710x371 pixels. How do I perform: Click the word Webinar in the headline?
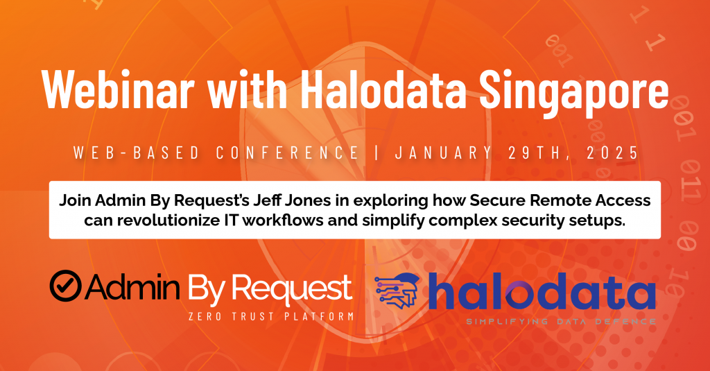118,89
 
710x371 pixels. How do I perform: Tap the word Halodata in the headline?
383,89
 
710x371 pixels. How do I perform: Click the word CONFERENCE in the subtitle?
288,153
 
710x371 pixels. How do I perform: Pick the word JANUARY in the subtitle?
444,153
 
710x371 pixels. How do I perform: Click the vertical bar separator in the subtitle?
377,153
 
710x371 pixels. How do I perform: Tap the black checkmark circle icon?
66,286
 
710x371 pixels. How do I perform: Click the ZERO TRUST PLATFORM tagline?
271,316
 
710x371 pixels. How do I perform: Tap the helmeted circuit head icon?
397,291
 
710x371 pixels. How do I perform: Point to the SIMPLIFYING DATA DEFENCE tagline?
561,322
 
